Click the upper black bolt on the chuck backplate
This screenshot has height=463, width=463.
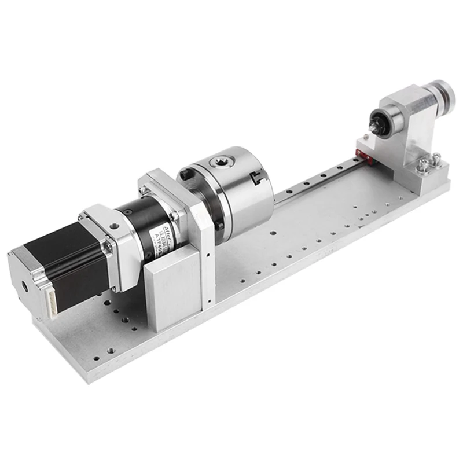pos(183,173)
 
